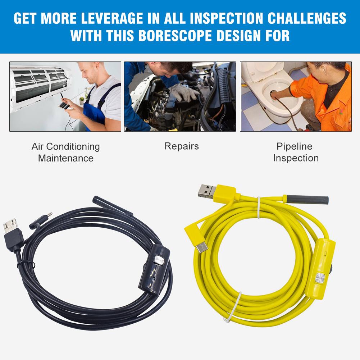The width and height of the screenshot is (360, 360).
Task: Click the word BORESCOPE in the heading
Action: [x=175, y=36]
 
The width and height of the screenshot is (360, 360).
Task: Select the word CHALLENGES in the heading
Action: [x=307, y=18]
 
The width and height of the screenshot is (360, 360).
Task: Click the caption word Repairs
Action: [x=182, y=146]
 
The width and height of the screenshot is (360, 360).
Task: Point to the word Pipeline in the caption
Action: [x=294, y=146]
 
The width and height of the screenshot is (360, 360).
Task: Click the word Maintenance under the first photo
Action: [x=66, y=158]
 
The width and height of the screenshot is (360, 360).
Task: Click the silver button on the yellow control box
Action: [x=320, y=278]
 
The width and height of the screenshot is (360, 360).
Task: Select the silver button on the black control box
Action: [x=159, y=260]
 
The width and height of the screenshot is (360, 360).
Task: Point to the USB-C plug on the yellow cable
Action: [x=202, y=248]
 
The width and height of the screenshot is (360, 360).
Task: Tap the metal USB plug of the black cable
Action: [x=10, y=225]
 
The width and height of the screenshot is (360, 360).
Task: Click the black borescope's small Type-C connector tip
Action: [x=49, y=215]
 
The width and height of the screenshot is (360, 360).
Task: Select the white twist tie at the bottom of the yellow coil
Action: [x=233, y=307]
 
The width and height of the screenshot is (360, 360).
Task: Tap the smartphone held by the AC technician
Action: [x=64, y=106]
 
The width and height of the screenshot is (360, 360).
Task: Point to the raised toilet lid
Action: [x=263, y=72]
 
